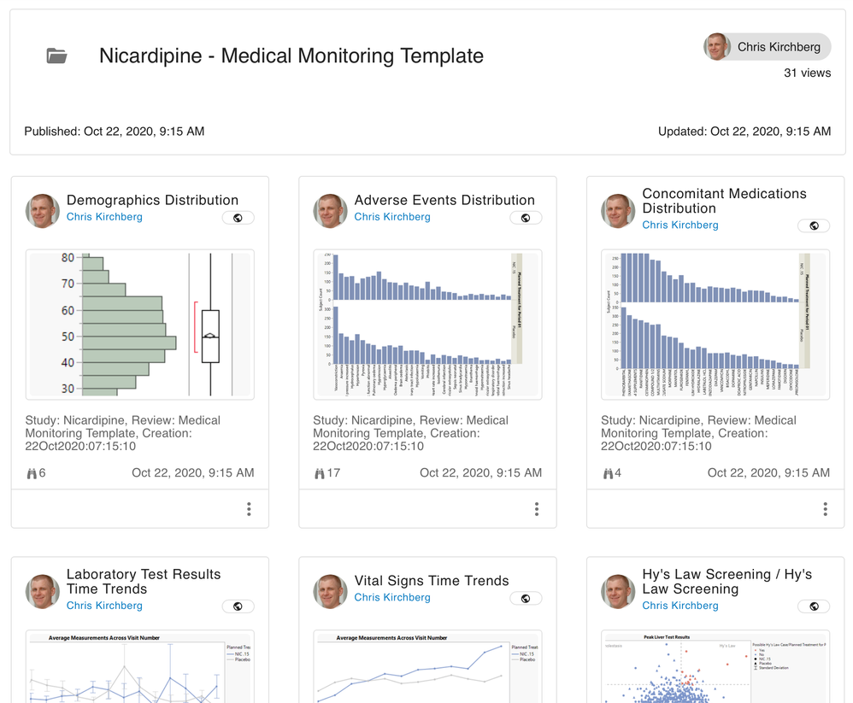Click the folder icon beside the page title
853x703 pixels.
point(56,56)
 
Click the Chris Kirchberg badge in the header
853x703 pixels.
point(767,47)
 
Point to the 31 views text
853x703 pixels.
point(807,73)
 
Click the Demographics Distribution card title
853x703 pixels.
point(152,200)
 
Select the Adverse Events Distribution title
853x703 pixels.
point(444,200)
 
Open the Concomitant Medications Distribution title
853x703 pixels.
point(724,201)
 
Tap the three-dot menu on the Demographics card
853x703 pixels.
point(249,509)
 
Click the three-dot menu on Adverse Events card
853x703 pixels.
point(537,509)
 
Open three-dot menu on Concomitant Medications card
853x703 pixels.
point(825,509)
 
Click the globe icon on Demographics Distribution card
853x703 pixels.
point(238,218)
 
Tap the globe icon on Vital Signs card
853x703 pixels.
point(526,598)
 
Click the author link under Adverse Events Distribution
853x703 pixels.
point(392,217)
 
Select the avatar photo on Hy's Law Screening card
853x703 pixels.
point(618,591)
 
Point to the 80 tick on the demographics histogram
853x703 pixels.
point(68,258)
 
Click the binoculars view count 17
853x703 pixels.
point(327,472)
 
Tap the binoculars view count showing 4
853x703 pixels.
point(613,472)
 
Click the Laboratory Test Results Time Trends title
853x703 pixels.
point(144,582)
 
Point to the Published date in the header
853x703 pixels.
point(114,132)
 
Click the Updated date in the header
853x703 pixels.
point(744,132)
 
